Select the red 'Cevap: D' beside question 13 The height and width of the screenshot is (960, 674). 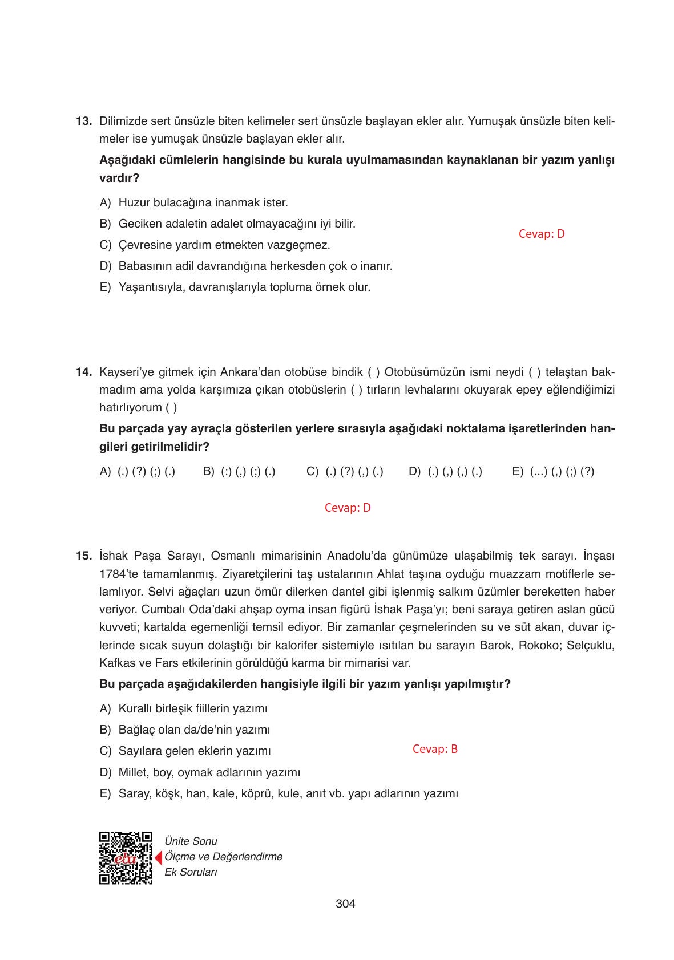(x=541, y=234)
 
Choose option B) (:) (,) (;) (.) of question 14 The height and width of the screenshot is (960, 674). (x=240, y=472)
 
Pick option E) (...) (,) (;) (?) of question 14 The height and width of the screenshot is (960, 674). (x=553, y=472)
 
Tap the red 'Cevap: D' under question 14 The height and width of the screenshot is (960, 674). (x=348, y=508)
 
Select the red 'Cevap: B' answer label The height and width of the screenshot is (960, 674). (x=435, y=750)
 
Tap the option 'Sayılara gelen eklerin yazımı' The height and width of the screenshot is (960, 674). (x=194, y=751)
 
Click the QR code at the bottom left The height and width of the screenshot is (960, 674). (x=126, y=858)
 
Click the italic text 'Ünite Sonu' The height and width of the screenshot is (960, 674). (x=191, y=841)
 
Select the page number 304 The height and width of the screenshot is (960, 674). (x=345, y=904)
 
